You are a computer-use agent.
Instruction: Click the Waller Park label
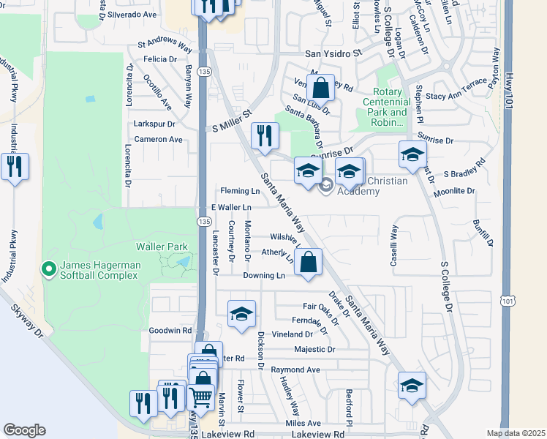pyautogui.click(x=162, y=247)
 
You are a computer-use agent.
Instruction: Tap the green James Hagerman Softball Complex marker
pyautogui.click(x=49, y=269)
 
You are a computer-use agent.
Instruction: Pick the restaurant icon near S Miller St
pyautogui.click(x=264, y=135)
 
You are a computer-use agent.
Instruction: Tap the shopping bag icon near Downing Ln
pyautogui.click(x=309, y=261)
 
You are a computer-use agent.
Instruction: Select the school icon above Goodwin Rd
pyautogui.click(x=241, y=313)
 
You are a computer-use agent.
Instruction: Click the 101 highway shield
pyautogui.click(x=508, y=300)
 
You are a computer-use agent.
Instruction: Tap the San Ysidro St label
pyautogui.click(x=333, y=53)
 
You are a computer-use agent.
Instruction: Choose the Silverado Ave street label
pyautogui.click(x=132, y=15)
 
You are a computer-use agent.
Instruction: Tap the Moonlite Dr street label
pyautogui.click(x=454, y=191)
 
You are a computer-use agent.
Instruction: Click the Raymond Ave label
pyautogui.click(x=295, y=370)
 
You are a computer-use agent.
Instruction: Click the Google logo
pyautogui.click(x=24, y=430)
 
